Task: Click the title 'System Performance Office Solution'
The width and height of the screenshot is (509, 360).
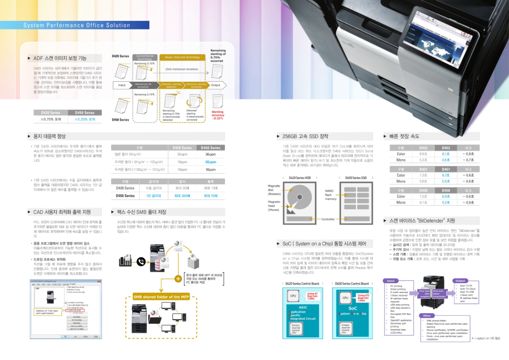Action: (x=77, y=25)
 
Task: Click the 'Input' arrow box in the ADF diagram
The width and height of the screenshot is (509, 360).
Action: (x=122, y=85)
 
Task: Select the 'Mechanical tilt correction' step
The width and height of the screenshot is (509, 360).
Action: (x=144, y=85)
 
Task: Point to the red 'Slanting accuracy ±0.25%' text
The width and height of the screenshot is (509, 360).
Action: (x=218, y=115)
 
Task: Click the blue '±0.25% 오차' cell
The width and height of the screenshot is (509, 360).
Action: (x=85, y=119)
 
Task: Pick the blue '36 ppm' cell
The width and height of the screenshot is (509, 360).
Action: (x=210, y=162)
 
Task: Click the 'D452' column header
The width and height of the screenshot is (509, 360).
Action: (x=446, y=147)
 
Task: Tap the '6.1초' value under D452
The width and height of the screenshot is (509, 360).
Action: (x=446, y=153)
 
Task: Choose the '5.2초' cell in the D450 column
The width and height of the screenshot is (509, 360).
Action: (x=446, y=203)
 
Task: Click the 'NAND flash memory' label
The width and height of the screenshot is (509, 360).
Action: (x=330, y=194)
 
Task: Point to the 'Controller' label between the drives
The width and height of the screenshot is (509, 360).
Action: (x=328, y=219)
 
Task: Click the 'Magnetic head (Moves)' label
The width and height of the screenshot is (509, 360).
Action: (x=274, y=206)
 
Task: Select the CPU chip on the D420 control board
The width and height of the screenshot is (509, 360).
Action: (x=293, y=295)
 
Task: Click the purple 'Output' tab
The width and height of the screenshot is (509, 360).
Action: (x=460, y=281)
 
